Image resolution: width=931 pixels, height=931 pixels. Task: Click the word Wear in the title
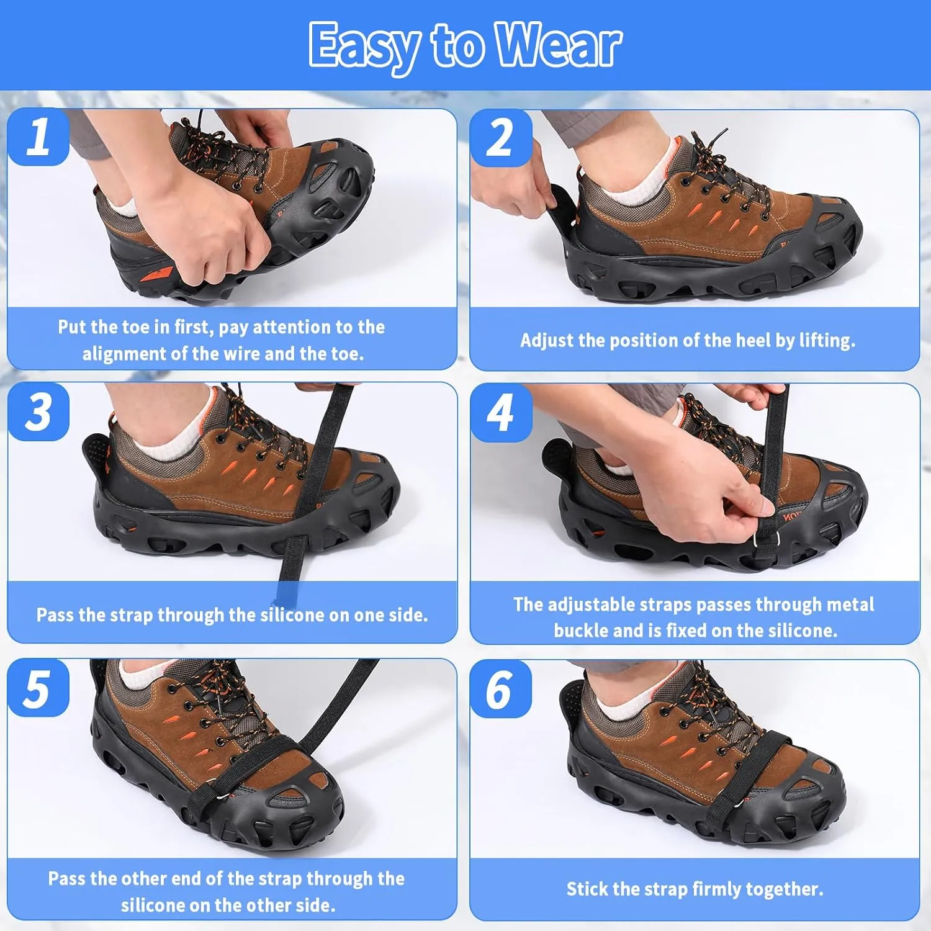click(x=558, y=45)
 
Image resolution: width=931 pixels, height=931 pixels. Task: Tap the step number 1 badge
click(x=38, y=137)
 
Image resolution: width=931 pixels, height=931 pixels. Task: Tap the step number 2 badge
click(x=501, y=138)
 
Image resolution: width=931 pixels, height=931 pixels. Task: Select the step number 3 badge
click(x=38, y=412)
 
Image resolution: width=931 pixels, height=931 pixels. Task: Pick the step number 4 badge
click(x=501, y=413)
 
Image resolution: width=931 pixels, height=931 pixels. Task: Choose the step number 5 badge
click(x=38, y=688)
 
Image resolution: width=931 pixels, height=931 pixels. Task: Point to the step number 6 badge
click(x=500, y=689)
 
